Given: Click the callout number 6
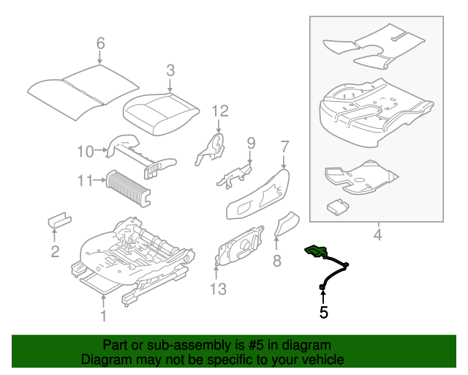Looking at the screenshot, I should [101, 43].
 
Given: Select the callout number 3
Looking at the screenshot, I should [170, 70].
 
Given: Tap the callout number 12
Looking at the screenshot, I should [220, 111].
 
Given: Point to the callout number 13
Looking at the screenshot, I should [218, 289].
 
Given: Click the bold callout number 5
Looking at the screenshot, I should [323, 313].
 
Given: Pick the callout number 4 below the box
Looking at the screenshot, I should [377, 235].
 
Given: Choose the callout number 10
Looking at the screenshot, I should [86, 152].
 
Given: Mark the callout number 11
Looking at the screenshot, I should [86, 179].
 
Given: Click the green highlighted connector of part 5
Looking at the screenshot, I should [316, 251].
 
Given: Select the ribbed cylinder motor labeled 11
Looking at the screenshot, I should [128, 186].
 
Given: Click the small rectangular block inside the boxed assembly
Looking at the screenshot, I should [337, 206].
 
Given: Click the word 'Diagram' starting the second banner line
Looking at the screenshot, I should [104, 360].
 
